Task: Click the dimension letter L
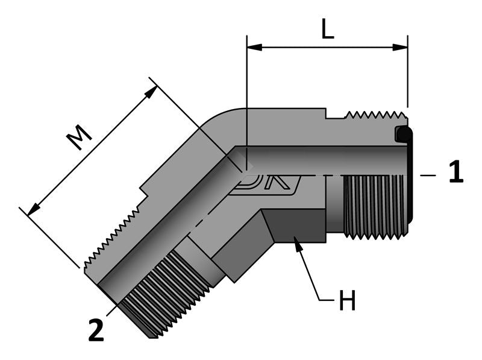(327, 28)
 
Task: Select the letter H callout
(346, 301)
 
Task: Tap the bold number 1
(456, 172)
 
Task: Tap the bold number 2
(96, 330)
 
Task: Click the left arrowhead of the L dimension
(254, 46)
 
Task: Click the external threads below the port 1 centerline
(374, 205)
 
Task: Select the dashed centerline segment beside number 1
(428, 175)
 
